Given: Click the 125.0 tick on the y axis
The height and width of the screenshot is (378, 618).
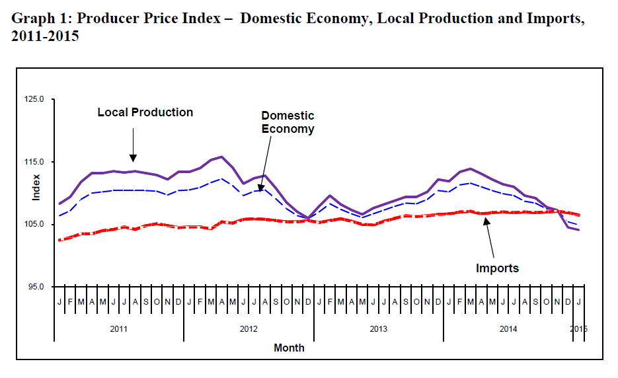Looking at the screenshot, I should pos(35,99).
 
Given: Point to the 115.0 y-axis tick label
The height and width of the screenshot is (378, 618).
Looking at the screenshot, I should pos(35,162).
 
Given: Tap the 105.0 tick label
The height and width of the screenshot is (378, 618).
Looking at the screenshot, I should pos(35,225).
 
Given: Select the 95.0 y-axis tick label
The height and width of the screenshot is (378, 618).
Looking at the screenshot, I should pos(36,287).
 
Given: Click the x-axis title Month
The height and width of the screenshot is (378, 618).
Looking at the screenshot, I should pos(290,348).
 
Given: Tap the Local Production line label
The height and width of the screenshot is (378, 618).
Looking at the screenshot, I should pos(145,112).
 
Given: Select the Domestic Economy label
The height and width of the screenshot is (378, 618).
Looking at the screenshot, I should pos(288,122).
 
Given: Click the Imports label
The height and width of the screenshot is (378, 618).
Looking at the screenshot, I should pos(498,268).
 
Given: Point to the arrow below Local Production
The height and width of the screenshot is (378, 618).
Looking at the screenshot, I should pos(134,145).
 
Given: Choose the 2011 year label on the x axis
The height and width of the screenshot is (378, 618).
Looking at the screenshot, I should pos(119,328).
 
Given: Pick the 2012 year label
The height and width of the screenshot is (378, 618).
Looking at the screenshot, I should pos(249,328).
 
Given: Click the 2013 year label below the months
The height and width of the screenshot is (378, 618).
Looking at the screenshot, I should pos(378,328).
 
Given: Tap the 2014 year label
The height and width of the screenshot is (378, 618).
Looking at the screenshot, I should pos(508,328).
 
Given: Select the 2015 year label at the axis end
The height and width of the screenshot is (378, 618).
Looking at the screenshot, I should pos(578,328).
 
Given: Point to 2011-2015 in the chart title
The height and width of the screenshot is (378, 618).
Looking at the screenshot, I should pos(45,36).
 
